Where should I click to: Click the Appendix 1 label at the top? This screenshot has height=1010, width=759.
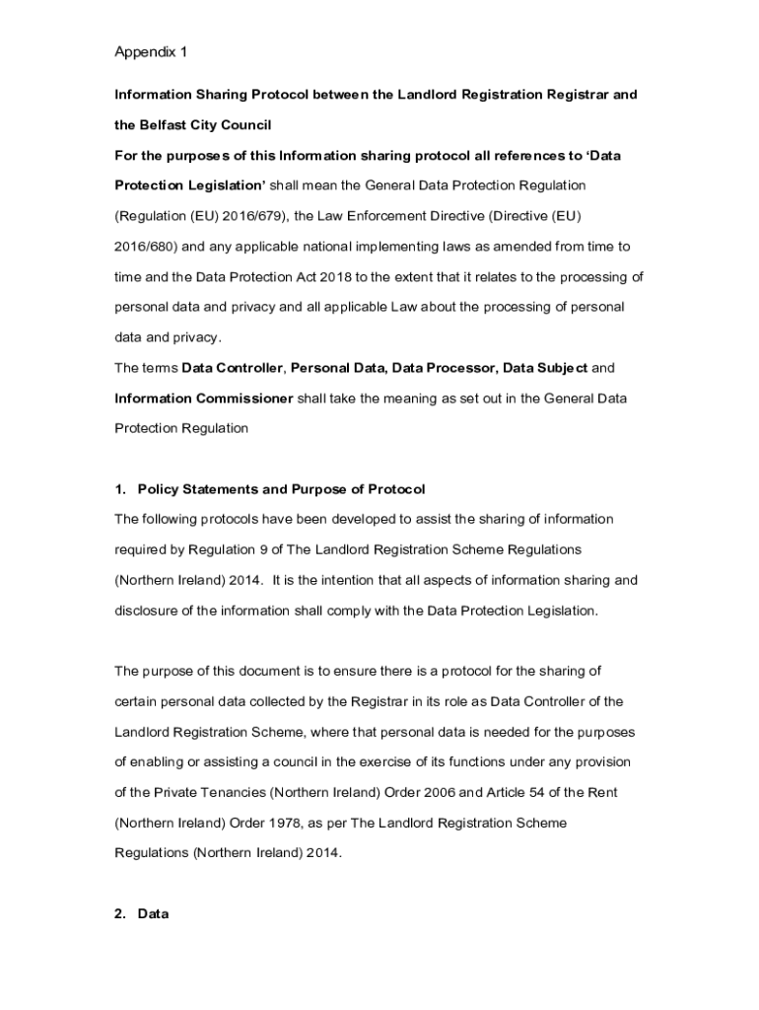click(x=151, y=51)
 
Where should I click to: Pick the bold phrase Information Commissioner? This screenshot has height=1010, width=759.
click(x=204, y=398)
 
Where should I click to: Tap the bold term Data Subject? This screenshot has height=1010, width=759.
click(x=545, y=368)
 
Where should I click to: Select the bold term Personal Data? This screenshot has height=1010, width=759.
click(x=337, y=368)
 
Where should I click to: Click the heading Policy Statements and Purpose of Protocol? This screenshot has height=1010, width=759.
click(x=281, y=489)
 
